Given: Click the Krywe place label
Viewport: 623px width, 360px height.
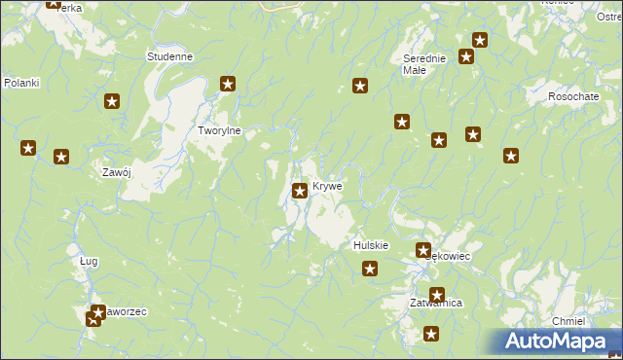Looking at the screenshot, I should click(x=327, y=186).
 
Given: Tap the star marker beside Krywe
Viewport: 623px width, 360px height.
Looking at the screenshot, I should click(x=301, y=191).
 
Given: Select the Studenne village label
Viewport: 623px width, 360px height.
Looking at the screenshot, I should click(x=169, y=56).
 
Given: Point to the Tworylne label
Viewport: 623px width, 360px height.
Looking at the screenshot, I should click(x=219, y=130).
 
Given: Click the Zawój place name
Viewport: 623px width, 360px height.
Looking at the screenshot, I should click(x=117, y=172).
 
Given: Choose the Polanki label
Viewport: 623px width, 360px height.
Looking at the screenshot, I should click(x=20, y=83).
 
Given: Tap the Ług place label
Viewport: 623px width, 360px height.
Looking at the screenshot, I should click(x=89, y=261).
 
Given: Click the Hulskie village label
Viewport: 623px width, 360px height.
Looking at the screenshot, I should click(x=371, y=246).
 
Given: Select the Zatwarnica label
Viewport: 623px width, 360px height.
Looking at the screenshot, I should click(x=435, y=304).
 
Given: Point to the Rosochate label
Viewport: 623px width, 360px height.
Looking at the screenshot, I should click(x=572, y=96).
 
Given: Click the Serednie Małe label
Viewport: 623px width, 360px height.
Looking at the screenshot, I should click(x=424, y=63).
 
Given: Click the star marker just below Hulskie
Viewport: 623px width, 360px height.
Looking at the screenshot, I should click(x=370, y=270).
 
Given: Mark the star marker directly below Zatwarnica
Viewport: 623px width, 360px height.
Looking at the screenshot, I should click(x=432, y=334).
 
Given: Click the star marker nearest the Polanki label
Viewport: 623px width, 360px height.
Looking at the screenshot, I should click(x=29, y=149).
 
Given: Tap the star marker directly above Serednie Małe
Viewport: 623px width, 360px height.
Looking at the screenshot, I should click(x=479, y=40).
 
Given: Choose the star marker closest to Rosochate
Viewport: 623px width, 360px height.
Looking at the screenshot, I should click(x=510, y=155).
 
